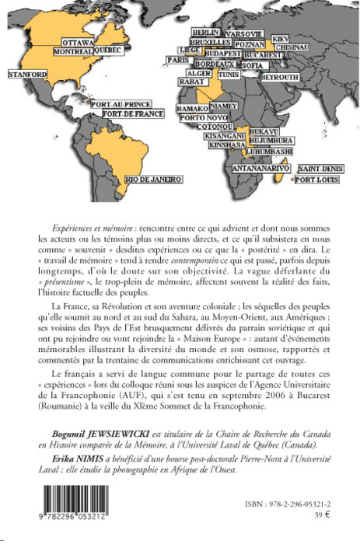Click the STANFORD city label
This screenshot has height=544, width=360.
pos(28,74)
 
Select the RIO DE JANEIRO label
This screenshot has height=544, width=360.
pos(153,180)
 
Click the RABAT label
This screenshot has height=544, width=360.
pos(191,81)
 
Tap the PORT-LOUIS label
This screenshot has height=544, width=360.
pos(316,180)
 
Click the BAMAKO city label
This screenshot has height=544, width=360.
pos(192,109)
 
